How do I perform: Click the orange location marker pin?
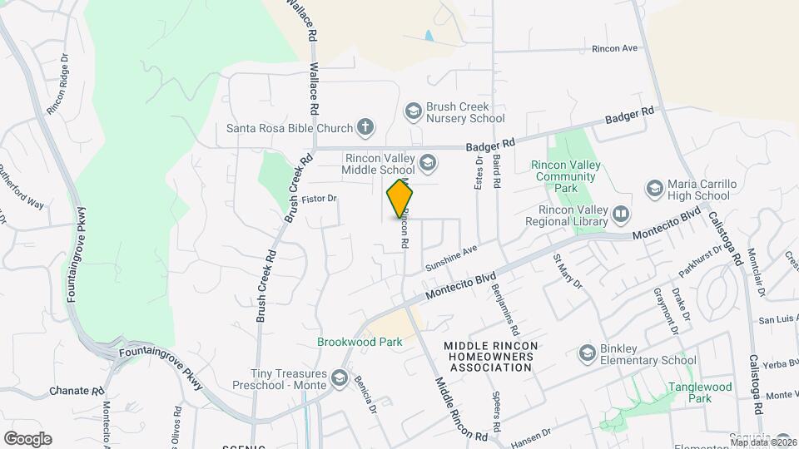tap(400, 200)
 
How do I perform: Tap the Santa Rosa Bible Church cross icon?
tap(364, 128)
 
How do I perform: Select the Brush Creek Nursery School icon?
tap(414, 111)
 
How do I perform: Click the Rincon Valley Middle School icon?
tap(428, 162)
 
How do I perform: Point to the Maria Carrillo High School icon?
tap(655, 189)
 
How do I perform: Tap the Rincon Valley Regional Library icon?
tap(621, 215)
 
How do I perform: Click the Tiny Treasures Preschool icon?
tap(339, 378)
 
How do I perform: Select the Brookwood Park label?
tap(360, 342)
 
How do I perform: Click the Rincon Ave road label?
tap(614, 48)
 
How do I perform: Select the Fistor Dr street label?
tap(319, 199)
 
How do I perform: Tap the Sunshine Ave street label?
tap(451, 258)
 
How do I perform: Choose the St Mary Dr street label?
tap(568, 270)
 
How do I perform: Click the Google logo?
tap(27, 438)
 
